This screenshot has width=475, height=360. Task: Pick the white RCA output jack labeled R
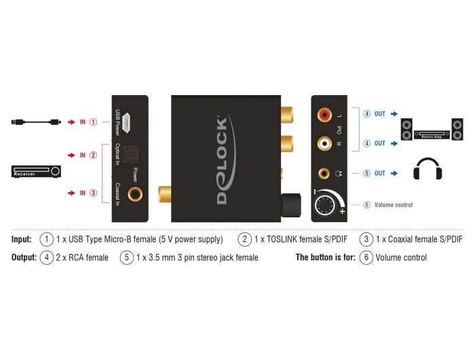[x=324, y=143]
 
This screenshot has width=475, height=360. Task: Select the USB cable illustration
[x=37, y=122]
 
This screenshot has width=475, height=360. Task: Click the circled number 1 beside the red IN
[x=94, y=122]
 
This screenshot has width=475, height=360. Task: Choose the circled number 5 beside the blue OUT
[x=366, y=173]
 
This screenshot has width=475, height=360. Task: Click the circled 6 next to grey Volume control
[x=366, y=204]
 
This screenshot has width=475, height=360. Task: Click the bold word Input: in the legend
[x=22, y=239]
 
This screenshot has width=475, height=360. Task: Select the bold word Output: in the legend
[x=24, y=257]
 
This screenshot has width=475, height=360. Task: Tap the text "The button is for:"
[x=325, y=257]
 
